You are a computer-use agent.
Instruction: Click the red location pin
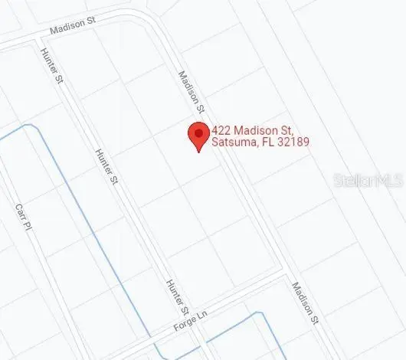(198, 136)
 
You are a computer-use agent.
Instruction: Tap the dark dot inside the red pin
(198, 133)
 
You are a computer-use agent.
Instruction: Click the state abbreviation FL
(268, 142)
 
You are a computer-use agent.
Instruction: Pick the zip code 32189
(293, 142)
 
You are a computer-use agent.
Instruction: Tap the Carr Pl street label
(24, 216)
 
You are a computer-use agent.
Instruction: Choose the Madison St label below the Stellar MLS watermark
(304, 302)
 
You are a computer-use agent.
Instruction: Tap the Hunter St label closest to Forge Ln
(177, 297)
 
